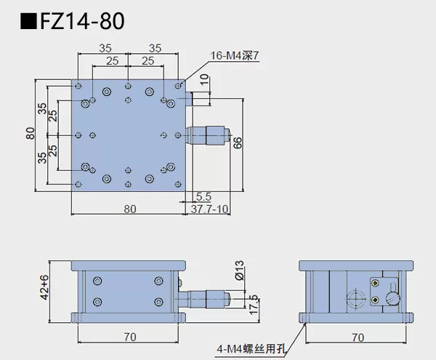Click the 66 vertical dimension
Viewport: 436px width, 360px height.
tap(238, 143)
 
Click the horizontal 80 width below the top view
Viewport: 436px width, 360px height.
tap(129, 209)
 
